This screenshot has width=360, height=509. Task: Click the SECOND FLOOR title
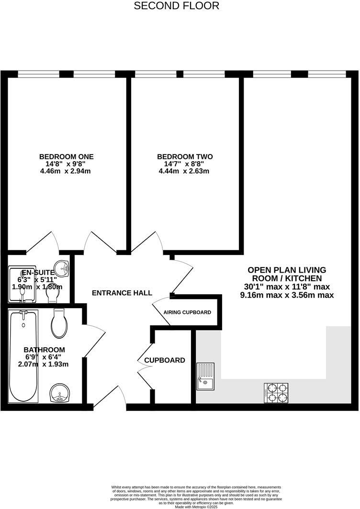[176, 6]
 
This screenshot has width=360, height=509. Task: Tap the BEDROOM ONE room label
[66, 156]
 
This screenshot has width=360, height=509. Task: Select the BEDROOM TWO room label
[185, 156]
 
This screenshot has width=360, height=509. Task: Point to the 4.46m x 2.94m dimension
[66, 171]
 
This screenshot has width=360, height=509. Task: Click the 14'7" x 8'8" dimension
[185, 164]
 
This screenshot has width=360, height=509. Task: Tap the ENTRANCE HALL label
[122, 293]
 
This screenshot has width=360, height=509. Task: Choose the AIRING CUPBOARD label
[187, 312]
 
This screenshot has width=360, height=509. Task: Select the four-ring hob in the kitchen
[276, 392]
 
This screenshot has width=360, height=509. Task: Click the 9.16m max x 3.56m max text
[286, 295]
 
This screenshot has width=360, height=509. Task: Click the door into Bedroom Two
[151, 242]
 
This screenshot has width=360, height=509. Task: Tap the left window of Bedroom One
[38, 74]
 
